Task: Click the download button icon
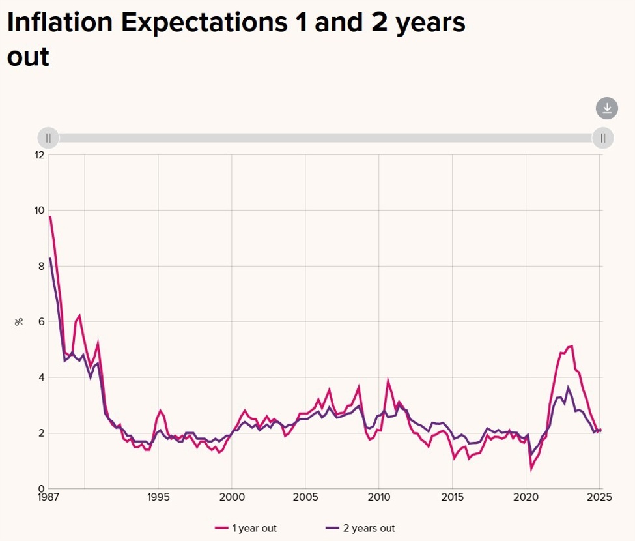tap(606, 108)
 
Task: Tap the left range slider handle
tap(48, 138)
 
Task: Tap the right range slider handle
tap(602, 138)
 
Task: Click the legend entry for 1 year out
tap(249, 528)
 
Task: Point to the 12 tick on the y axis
tap(40, 154)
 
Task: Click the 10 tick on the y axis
tap(40, 211)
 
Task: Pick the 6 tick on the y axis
tap(42, 321)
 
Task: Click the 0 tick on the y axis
tap(42, 488)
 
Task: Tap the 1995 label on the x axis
tap(158, 497)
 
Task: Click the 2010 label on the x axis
tap(378, 497)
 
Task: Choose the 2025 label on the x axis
tap(599, 497)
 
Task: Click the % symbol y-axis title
tap(19, 321)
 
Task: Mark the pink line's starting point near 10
tap(50, 216)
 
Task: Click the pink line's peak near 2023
tap(571, 346)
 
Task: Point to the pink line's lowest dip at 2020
tap(531, 469)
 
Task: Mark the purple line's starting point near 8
tap(50, 259)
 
